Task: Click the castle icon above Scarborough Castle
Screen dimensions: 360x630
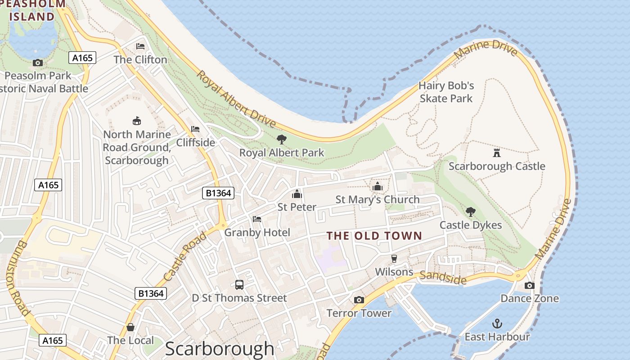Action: (497, 153)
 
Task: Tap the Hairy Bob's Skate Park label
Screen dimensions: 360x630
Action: (446, 92)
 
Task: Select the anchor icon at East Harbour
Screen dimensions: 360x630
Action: (497, 323)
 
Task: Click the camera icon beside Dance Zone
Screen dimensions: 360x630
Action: (530, 285)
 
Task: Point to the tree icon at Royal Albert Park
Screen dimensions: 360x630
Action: (282, 139)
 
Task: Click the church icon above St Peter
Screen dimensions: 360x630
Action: (297, 194)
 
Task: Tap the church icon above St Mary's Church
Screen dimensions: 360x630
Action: (377, 186)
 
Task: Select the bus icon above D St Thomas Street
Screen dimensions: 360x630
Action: (239, 284)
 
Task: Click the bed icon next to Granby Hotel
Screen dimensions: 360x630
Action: (257, 219)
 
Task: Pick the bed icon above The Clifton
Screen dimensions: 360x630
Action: (140, 46)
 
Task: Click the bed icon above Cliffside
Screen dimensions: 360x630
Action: (195, 129)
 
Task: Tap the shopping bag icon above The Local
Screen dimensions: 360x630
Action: (130, 327)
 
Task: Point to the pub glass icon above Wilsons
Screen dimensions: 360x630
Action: (394, 258)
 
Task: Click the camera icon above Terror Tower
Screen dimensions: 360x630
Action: (359, 300)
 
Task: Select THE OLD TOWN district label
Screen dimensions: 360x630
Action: (374, 235)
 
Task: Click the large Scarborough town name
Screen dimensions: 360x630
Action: (220, 349)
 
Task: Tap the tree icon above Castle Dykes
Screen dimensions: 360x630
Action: (470, 211)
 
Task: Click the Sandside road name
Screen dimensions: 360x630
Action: (443, 278)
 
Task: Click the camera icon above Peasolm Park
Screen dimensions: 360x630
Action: (38, 63)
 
